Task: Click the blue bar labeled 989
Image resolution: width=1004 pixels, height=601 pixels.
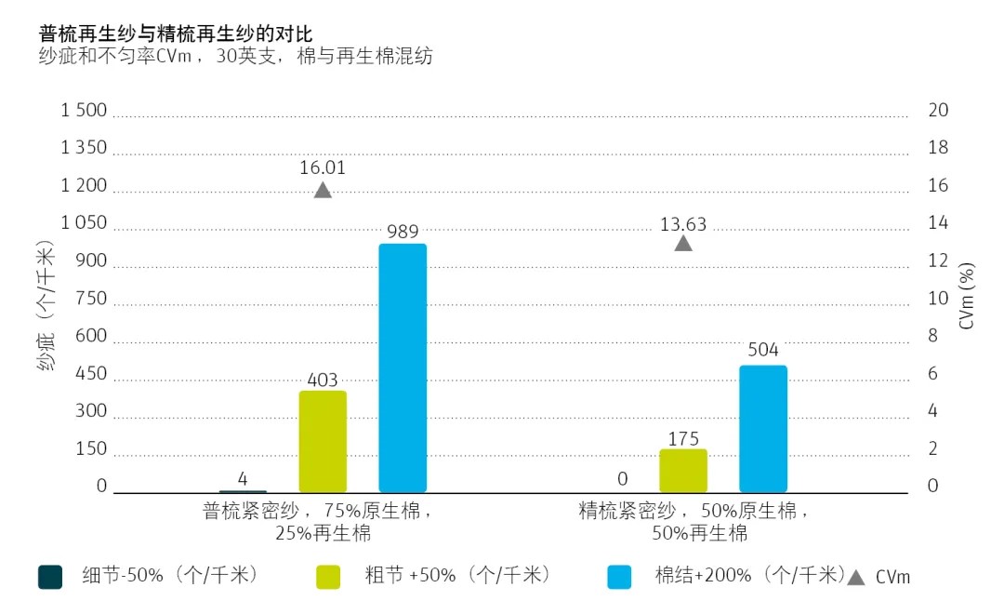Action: coord(403,367)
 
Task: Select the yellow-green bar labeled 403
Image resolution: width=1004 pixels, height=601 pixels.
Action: coord(323,441)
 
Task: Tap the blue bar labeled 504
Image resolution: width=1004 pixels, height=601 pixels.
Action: coord(763,428)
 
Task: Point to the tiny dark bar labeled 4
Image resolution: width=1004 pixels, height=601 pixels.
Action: coord(243,490)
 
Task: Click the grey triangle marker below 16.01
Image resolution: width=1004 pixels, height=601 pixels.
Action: coord(323,191)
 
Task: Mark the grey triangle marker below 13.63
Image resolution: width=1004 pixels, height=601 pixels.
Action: coord(683,244)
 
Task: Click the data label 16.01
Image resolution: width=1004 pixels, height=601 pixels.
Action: coord(323,167)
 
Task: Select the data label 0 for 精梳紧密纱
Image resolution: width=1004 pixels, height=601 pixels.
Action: coord(622,479)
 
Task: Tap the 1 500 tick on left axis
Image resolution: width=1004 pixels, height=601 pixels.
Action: coord(84,111)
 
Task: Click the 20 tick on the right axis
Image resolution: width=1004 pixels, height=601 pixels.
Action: coord(938,111)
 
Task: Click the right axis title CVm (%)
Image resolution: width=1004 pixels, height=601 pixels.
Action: coord(968,297)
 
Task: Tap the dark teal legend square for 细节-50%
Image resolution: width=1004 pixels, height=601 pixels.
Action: coord(49,577)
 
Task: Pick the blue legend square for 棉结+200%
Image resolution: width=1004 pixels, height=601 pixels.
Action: coord(619,577)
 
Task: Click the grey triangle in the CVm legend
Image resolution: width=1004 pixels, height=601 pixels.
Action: coord(856,577)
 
